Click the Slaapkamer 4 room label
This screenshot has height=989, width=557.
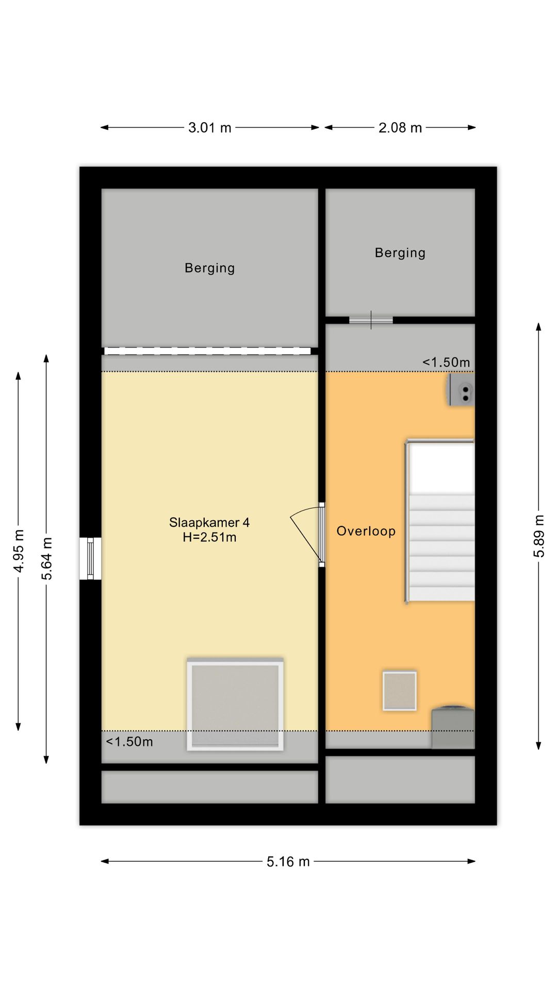pyautogui.click(x=209, y=522)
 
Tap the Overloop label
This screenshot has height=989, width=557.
pyautogui.click(x=366, y=531)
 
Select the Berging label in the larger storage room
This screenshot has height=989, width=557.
pyautogui.click(x=210, y=268)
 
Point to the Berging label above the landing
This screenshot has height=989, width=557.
pyautogui.click(x=400, y=253)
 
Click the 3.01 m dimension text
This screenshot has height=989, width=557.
pyautogui.click(x=210, y=128)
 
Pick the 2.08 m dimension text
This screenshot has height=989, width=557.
pyautogui.click(x=400, y=128)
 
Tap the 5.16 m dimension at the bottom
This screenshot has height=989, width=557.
pyautogui.click(x=288, y=862)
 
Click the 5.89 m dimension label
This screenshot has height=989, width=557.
pyautogui.click(x=539, y=536)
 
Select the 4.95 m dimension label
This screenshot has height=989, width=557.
pyautogui.click(x=19, y=551)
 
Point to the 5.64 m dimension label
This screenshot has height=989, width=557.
pyautogui.click(x=47, y=558)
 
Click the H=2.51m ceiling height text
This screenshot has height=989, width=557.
pyautogui.click(x=209, y=538)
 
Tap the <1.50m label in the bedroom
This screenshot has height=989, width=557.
pyautogui.click(x=129, y=742)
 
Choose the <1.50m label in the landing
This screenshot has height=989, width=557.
pyautogui.click(x=446, y=362)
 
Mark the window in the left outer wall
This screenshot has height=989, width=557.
pyautogui.click(x=90, y=558)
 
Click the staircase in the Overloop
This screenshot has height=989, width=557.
pyautogui.click(x=440, y=521)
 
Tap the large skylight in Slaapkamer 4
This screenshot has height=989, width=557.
pyautogui.click(x=235, y=704)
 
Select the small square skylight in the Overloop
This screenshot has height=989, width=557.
pyautogui.click(x=400, y=691)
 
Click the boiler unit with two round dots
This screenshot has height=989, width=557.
pyautogui.click(x=461, y=390)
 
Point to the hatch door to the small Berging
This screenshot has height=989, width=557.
pyautogui.click(x=371, y=320)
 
